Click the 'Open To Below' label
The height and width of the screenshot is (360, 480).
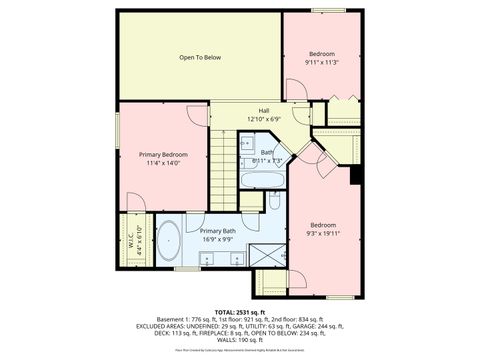click(199, 57)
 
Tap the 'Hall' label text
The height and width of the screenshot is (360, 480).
click(263, 110)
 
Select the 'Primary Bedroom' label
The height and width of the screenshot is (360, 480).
click(163, 154)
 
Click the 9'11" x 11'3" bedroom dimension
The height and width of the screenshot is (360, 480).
click(321, 62)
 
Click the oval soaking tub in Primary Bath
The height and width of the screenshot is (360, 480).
click(170, 243)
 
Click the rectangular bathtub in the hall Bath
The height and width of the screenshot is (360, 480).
click(262, 182)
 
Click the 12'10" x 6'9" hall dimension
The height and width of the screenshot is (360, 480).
click(263, 119)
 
